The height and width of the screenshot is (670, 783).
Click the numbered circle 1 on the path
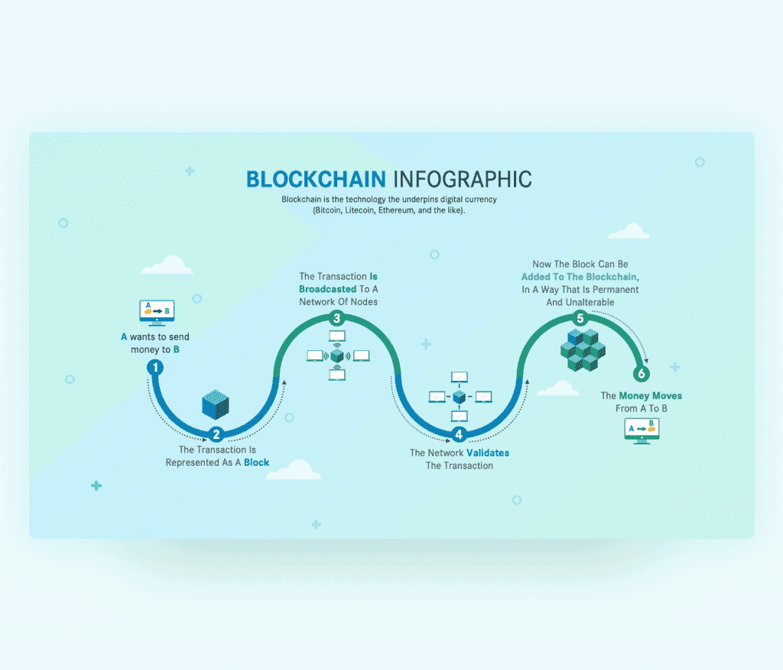coord(155,368)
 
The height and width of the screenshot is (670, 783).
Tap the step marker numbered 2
coord(216,434)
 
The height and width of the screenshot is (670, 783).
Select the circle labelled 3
coord(337,317)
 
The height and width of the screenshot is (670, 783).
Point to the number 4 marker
coord(459,434)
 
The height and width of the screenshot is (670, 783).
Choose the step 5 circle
coord(580,317)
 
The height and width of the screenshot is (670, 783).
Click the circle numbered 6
coord(642,373)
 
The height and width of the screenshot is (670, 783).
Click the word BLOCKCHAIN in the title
coord(316,180)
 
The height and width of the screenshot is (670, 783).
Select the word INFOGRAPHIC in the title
coord(463,180)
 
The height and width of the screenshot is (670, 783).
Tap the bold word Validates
coord(488,453)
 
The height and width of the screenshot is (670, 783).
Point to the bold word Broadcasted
coord(327,289)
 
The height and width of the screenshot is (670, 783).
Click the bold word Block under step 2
coord(257,462)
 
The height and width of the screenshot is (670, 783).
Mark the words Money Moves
coord(650,395)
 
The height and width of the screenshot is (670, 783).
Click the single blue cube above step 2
coord(215,404)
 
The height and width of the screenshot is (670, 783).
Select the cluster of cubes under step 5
coord(583,350)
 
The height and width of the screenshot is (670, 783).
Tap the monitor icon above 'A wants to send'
coord(157,313)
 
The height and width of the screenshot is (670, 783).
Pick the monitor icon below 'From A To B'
coord(642,431)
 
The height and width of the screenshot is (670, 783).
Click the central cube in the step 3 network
coord(337,355)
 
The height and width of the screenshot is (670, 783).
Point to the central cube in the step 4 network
coord(459,397)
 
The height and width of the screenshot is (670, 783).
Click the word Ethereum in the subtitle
coord(397,210)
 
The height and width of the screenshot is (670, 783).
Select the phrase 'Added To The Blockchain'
coord(579,277)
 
